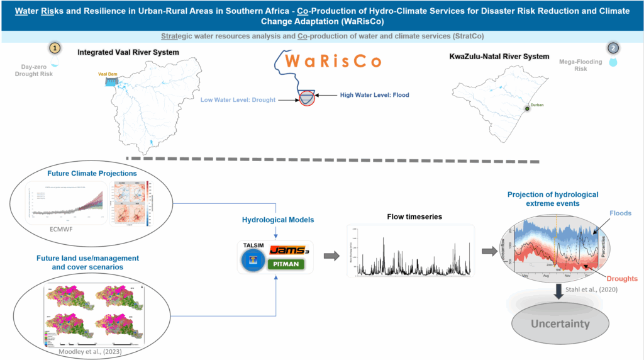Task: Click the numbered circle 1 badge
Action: pos(55,48)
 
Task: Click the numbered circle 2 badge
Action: pos(613,48)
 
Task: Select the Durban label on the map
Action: pos(536,104)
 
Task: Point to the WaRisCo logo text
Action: pos(327,62)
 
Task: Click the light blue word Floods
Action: pos(621,214)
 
